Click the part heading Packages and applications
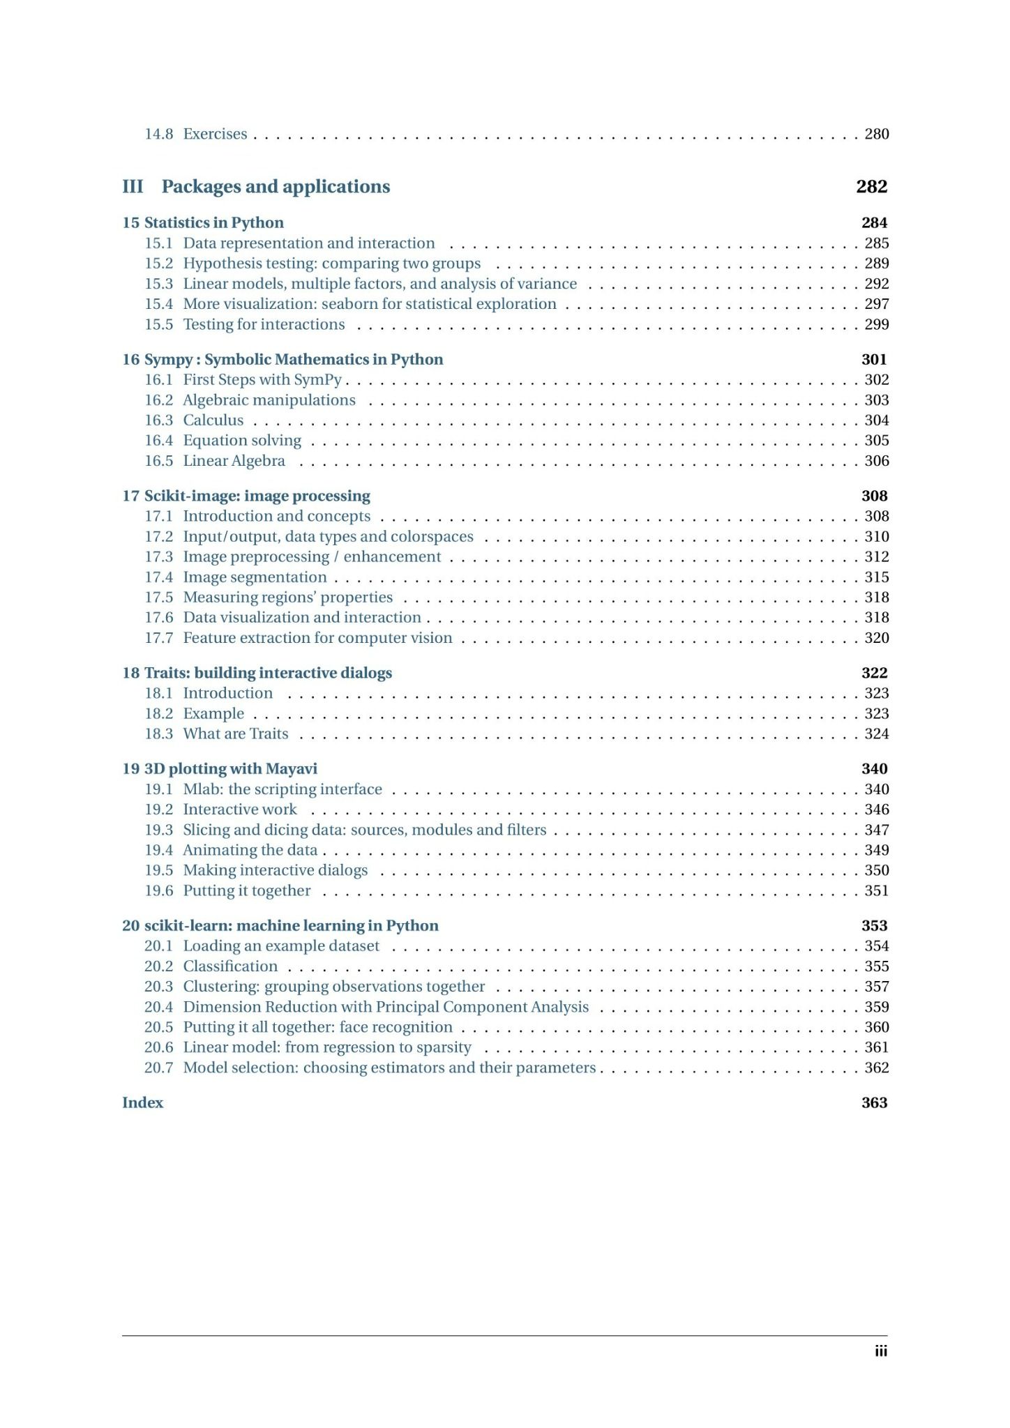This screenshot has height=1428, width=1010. [276, 187]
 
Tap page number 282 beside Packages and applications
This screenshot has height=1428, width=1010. [871, 187]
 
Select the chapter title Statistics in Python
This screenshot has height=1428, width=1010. [213, 223]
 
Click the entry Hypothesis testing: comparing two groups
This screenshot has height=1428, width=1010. [331, 264]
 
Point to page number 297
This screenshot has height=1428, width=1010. [877, 304]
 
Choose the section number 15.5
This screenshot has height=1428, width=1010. [158, 324]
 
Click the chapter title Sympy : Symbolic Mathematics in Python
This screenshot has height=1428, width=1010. [293, 360]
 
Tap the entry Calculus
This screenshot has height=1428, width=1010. [213, 420]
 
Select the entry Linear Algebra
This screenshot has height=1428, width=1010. [234, 461]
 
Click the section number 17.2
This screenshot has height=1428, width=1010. [158, 537]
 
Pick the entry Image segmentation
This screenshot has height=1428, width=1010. [255, 577]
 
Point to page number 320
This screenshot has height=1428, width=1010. [877, 638]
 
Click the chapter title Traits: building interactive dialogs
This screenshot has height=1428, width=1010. [268, 674]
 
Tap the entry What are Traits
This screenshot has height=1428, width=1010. [235, 734]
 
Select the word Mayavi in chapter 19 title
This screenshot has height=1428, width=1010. [292, 769]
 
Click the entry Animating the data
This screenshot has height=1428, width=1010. [250, 851]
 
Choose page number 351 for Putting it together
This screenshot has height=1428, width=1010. [877, 891]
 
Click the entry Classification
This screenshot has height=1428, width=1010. [230, 966]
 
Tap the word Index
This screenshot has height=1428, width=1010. [142, 1103]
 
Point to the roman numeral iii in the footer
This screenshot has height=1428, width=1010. [881, 1351]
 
